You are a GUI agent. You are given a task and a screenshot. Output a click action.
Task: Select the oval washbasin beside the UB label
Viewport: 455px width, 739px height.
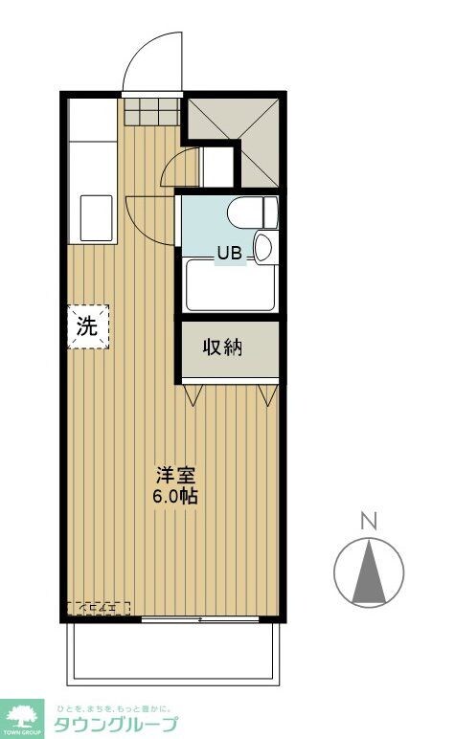pos(264,248)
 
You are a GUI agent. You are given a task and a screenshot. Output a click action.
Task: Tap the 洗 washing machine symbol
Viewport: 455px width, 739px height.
pos(87,326)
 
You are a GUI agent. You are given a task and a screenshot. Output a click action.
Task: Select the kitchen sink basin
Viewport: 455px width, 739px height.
pos(97,217)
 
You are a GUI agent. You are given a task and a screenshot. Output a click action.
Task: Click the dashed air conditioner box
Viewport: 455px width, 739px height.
pos(98,608)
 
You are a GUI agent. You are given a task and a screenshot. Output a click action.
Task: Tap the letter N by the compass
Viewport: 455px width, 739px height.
pos(368,522)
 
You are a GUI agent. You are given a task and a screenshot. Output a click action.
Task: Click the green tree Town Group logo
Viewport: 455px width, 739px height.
pos(25,714)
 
